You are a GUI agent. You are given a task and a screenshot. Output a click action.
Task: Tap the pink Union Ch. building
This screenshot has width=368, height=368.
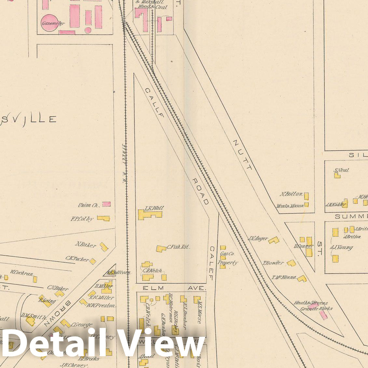[106, 204]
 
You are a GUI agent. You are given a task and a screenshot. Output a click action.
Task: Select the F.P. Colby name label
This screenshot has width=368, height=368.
[82, 219]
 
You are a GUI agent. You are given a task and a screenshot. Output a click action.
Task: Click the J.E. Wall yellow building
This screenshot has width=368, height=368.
[149, 215]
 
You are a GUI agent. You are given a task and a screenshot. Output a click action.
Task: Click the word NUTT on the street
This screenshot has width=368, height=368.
[242, 155]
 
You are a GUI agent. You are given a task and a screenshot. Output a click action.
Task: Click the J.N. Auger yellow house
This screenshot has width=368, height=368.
[274, 240]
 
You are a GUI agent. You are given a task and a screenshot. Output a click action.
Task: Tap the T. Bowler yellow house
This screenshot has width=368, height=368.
[291, 263]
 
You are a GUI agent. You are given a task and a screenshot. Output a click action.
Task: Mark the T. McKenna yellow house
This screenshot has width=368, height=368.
[302, 279]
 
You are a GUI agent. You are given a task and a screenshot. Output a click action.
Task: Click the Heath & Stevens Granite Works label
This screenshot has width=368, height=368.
[311, 306]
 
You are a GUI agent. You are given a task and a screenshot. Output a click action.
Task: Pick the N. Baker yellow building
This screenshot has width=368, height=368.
[104, 247]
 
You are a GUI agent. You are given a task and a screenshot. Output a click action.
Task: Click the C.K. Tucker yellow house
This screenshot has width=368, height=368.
[93, 261]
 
